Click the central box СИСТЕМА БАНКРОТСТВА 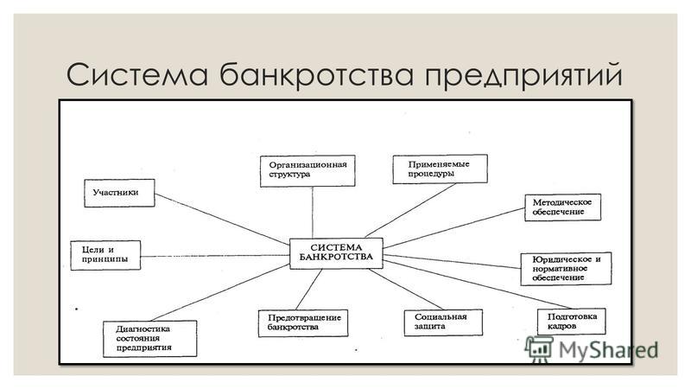(x=336, y=253)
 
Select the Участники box (x=119, y=193)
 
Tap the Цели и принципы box (x=105, y=255)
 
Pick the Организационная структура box (x=307, y=170)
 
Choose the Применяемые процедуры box (x=441, y=169)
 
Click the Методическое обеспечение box (x=563, y=207)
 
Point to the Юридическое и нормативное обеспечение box (x=567, y=269)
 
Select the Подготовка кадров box (x=572, y=322)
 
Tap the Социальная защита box (x=443, y=322)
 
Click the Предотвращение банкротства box (x=303, y=322)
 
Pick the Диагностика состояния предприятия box (x=149, y=338)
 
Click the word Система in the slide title (x=137, y=74)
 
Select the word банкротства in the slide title (x=316, y=74)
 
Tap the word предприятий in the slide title (x=523, y=76)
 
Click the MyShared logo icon (x=539, y=349)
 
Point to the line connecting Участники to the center (x=222, y=219)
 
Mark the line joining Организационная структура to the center (x=313, y=212)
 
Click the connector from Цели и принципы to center (x=215, y=256)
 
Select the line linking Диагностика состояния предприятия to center (x=220, y=292)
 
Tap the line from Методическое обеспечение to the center (x=454, y=228)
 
